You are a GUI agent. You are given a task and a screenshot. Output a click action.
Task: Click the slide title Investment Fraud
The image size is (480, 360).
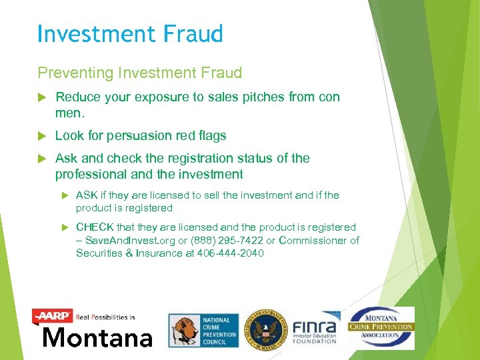tap(130, 33)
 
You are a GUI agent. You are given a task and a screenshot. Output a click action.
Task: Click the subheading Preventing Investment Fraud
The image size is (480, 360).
tap(139, 72)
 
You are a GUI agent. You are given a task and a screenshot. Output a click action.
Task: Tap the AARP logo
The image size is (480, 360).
tap(53, 316)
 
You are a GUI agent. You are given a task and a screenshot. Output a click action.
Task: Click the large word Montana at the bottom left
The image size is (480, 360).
tap(97, 337)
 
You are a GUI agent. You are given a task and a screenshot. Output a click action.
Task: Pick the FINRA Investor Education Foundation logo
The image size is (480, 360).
tap(315, 329)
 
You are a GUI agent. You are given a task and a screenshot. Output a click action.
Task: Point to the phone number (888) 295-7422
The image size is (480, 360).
tap(229, 241)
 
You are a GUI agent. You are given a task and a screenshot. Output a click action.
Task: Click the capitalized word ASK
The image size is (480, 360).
tap(87, 195)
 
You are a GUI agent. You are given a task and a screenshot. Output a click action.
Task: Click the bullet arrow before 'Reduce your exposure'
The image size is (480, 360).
tap(43, 97)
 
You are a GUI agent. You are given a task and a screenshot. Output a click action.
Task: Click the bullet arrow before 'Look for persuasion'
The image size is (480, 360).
tap(43, 136)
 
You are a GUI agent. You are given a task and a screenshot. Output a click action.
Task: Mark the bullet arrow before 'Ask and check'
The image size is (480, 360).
tap(43, 159)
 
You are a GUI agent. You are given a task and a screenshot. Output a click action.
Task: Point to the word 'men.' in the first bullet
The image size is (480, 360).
tap(69, 113)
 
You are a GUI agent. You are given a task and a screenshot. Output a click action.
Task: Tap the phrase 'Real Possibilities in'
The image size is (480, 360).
tap(105, 317)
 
